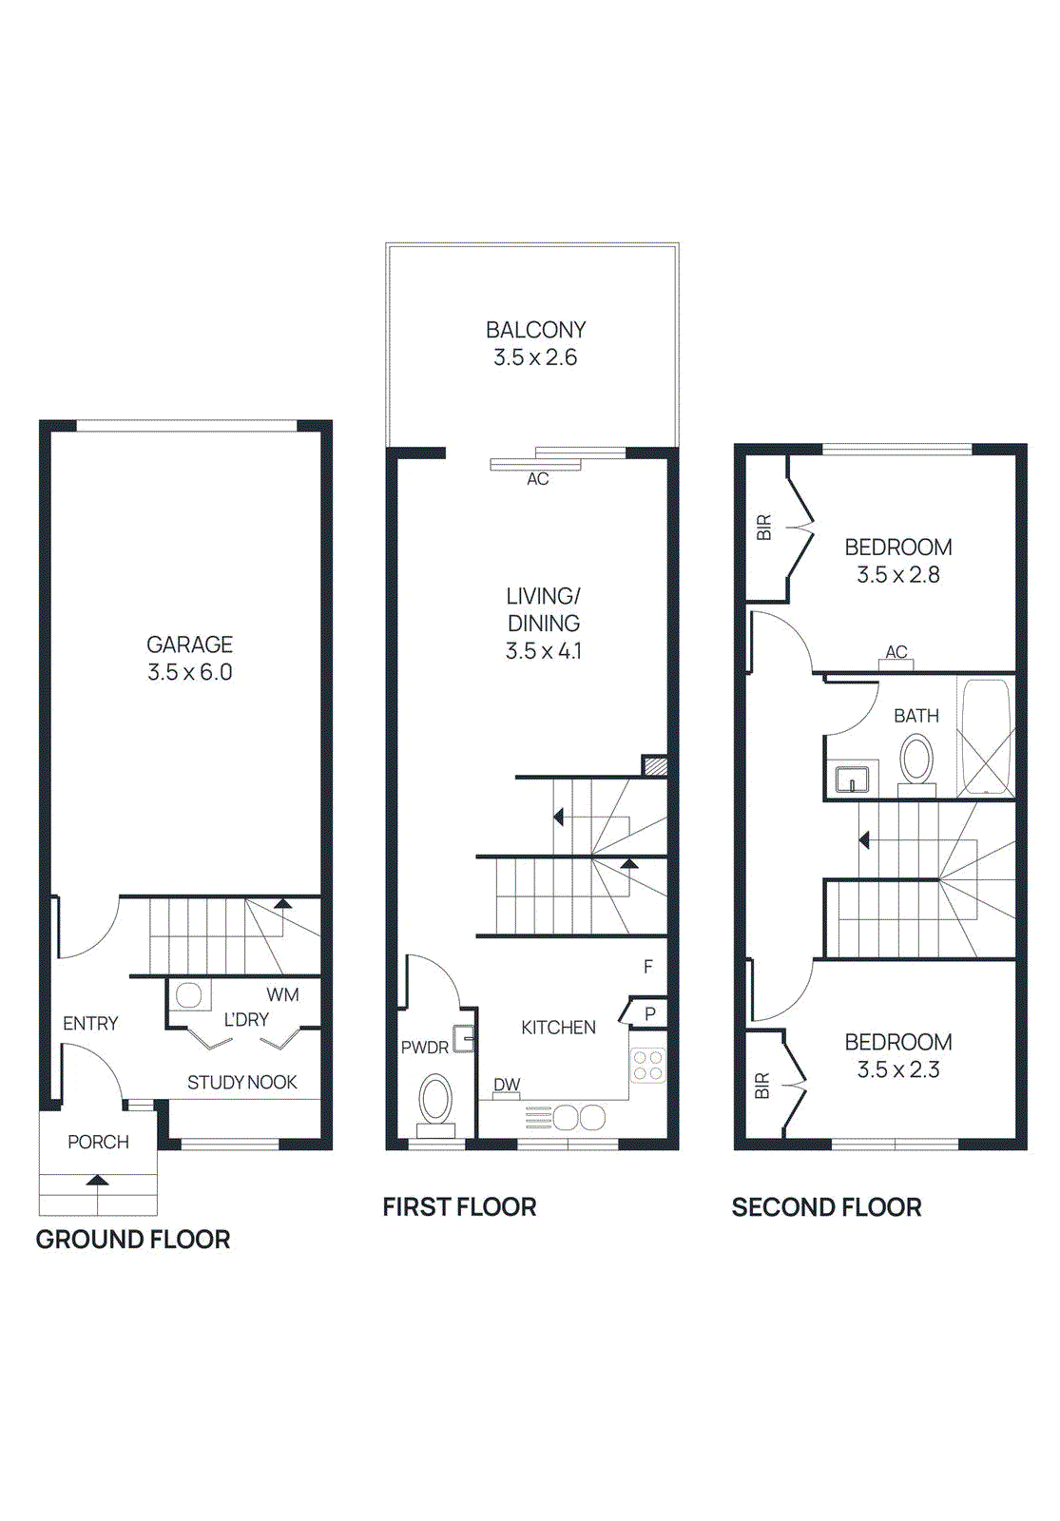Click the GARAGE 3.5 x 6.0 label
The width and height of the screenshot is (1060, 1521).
189,658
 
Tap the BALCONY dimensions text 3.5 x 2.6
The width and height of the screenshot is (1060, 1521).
535,357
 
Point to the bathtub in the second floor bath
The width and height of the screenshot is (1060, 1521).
986,737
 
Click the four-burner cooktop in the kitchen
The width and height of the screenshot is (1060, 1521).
648,1066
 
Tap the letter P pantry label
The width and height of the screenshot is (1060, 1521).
650,1014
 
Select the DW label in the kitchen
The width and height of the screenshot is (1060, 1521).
507,1085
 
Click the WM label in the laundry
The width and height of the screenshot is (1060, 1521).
282,995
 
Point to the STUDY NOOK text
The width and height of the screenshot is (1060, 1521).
241,1083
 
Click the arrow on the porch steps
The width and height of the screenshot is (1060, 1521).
97,1180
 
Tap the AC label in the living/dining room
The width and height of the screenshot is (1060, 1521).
538,480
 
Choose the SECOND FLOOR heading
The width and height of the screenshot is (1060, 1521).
826,1207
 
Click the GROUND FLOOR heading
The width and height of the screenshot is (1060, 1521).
133,1240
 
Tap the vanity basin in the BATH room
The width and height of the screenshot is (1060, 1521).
852,780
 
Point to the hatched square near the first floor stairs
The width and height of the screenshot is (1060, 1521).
654,765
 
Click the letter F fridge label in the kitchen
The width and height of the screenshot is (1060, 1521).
648,967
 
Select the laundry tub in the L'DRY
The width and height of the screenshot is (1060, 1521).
188,995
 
